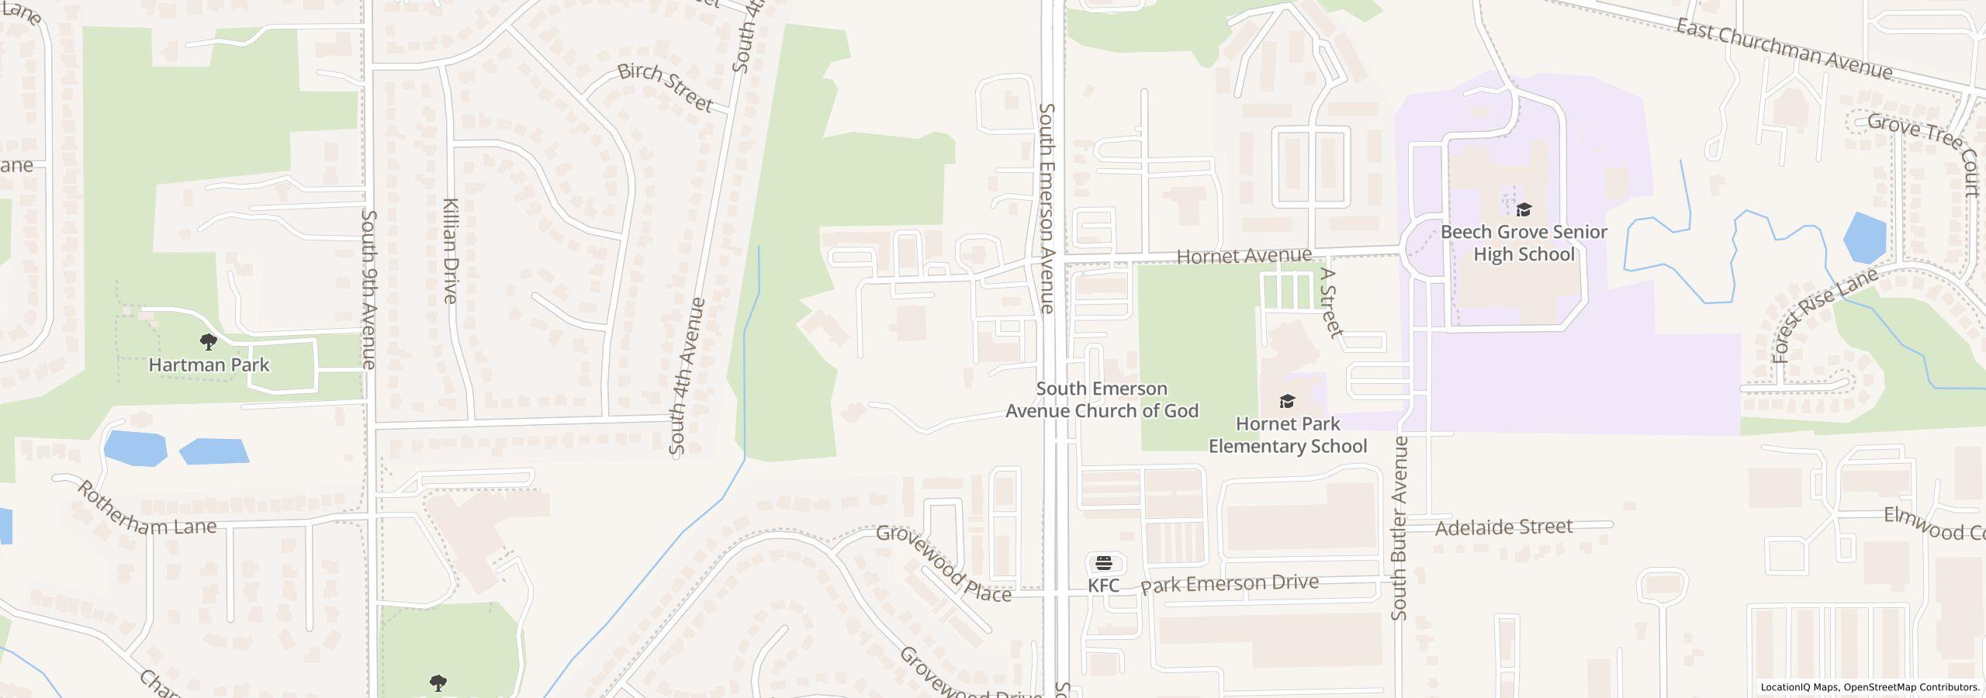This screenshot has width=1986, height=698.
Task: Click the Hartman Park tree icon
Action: tap(208, 341)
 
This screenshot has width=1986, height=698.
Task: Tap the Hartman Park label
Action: tap(209, 365)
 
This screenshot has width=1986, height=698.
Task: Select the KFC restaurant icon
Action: tap(1103, 562)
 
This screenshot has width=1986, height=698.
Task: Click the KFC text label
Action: tap(1103, 586)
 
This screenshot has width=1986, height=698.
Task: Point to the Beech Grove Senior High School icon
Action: tap(1524, 209)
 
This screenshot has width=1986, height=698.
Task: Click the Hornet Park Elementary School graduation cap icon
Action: tap(1287, 401)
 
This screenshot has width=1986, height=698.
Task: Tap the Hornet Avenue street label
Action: tap(1244, 256)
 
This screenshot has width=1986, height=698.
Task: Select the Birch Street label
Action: tap(665, 87)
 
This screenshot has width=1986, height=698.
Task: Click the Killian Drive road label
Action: tap(450, 250)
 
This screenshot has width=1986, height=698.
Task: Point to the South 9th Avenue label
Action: tap(369, 289)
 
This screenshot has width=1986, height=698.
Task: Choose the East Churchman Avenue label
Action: tap(1784, 49)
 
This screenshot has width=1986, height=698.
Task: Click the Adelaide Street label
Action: tap(1503, 527)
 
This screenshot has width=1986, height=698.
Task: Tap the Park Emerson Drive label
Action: tap(1229, 583)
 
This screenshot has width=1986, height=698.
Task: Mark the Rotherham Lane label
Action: tap(146, 510)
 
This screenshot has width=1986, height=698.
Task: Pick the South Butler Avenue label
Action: tap(1400, 527)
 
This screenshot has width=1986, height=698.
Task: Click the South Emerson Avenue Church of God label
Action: tap(1102, 399)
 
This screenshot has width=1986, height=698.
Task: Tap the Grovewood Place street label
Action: tap(943, 564)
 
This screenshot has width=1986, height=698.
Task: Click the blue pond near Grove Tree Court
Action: tap(1864, 237)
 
